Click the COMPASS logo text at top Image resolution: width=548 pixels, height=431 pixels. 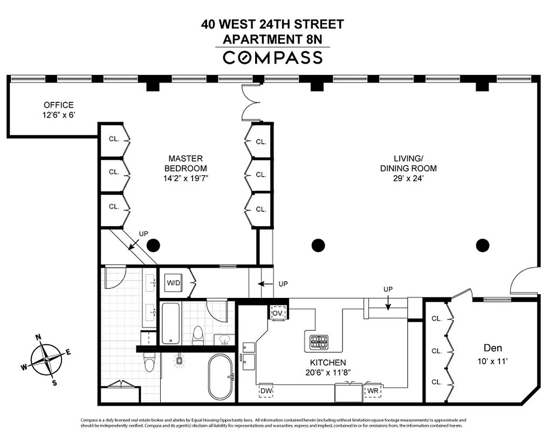click(273, 57)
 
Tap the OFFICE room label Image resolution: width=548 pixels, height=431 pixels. click(59, 105)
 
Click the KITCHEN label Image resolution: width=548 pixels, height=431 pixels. click(328, 363)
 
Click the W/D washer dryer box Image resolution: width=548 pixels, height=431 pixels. click(173, 282)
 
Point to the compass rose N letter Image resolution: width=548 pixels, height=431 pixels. click(39, 338)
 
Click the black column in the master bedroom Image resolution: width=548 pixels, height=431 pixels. click(154, 246)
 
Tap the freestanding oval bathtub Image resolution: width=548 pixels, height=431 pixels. click(220, 376)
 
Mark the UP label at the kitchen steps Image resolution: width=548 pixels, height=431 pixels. click(387, 289)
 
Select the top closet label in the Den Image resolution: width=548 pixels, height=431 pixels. click(436, 318)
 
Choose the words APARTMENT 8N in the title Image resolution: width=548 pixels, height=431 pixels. click(272, 39)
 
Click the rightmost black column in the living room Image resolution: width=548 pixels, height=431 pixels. click(483, 246)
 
